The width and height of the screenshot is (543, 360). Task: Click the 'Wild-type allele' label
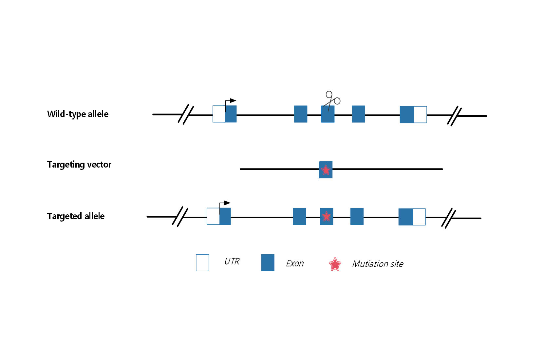78,114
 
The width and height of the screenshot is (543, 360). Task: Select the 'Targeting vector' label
79,164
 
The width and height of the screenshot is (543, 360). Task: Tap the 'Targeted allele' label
76,216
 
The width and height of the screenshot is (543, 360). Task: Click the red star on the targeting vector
326,170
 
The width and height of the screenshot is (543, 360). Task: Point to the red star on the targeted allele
327,216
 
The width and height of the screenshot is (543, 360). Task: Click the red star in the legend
335,264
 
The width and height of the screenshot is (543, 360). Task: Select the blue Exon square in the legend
268,263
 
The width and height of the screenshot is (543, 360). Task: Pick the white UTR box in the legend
202,263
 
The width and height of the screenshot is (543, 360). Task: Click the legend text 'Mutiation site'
378,264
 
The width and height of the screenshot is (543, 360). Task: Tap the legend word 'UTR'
232,261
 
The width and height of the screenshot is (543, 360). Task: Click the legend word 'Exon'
295,263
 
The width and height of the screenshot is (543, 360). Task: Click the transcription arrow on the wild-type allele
230,101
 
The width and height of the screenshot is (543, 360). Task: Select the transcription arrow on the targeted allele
224,204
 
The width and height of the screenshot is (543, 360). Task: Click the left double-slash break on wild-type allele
186,114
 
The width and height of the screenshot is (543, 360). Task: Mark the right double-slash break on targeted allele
449,218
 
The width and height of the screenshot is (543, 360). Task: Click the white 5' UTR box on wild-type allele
219,114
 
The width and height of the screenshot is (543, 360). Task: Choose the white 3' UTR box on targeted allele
419,217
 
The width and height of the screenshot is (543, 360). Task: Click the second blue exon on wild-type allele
301,114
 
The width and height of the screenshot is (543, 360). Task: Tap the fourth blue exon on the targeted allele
357,216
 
